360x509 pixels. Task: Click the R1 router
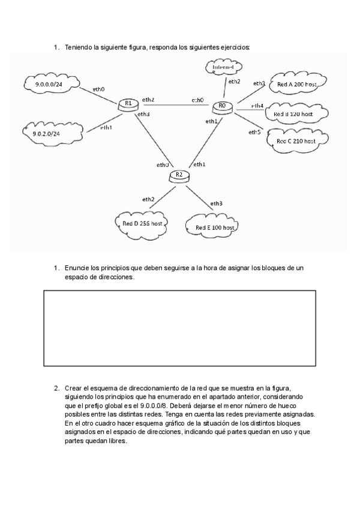click(127, 104)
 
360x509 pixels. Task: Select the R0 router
click(221, 107)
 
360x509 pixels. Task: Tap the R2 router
click(179, 175)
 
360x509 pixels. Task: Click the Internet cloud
click(223, 67)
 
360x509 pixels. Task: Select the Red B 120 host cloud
click(293, 113)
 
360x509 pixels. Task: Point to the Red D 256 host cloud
click(142, 223)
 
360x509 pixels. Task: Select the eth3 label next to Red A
click(259, 83)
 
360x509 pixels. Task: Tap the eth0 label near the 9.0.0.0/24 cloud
click(99, 89)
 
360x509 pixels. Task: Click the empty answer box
click(180, 328)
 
